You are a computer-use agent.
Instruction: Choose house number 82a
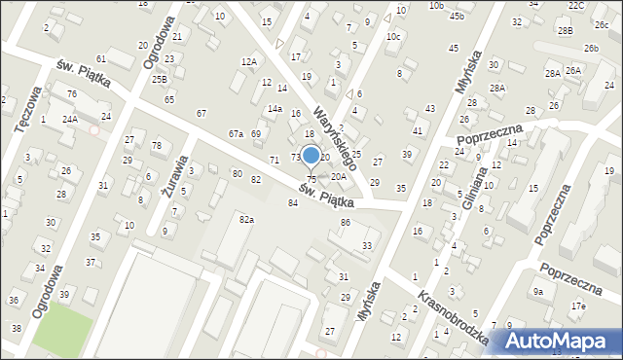247,220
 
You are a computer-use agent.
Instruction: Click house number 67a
236,133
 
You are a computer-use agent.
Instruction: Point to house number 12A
249,61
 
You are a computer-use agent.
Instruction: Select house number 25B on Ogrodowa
160,79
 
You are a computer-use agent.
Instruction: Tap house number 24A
70,119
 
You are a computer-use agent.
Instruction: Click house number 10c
393,37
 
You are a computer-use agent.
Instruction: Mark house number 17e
579,306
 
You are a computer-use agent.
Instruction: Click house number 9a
537,291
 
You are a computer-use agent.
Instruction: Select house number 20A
339,176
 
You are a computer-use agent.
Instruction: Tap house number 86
345,223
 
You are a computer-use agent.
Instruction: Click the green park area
62,331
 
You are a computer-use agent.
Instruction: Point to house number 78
157,145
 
